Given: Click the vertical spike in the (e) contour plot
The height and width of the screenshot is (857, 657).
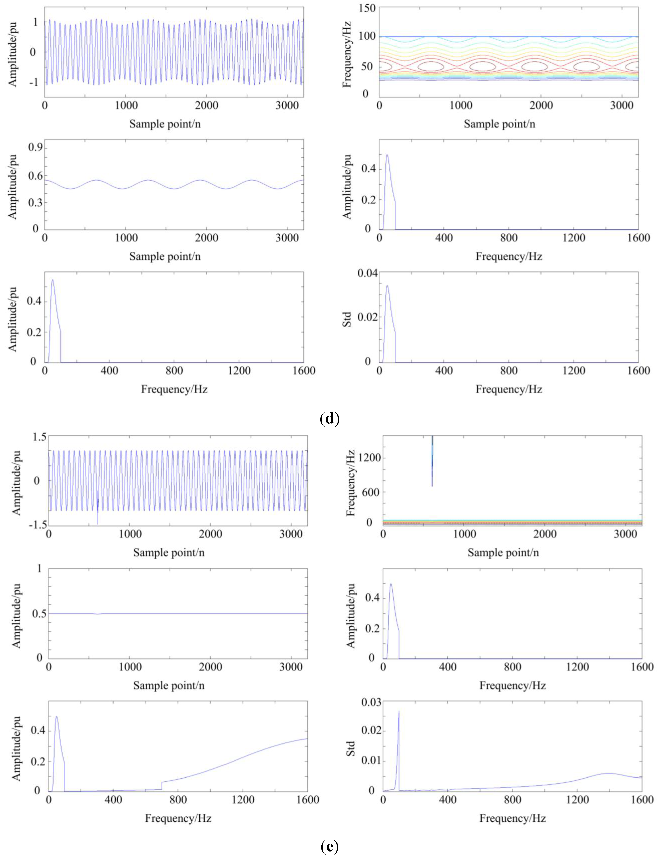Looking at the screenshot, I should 432,461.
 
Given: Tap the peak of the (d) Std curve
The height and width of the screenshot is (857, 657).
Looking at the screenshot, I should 387,286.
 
